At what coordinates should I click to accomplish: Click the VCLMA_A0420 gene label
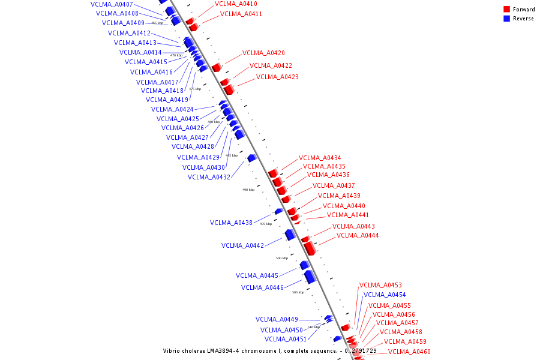(x=263, y=53)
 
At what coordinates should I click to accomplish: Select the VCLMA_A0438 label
(x=231, y=223)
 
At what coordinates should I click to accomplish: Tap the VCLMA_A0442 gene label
(x=242, y=245)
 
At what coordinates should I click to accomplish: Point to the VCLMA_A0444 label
(x=358, y=236)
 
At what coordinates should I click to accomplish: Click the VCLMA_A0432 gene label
(x=209, y=177)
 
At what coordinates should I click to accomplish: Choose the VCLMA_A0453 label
(x=380, y=285)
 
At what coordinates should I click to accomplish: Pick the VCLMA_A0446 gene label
(x=262, y=287)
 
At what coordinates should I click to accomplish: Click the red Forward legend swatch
(x=507, y=10)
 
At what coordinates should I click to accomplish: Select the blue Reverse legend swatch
(x=507, y=19)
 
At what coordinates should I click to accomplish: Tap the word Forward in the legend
(x=524, y=10)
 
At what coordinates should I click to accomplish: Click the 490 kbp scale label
(x=248, y=190)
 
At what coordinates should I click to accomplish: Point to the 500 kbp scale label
(x=282, y=258)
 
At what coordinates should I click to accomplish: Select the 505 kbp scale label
(x=298, y=292)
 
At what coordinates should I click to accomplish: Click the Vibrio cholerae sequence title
(x=269, y=351)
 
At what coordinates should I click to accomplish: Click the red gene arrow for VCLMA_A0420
(x=217, y=67)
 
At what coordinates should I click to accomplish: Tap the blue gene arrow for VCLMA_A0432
(x=252, y=158)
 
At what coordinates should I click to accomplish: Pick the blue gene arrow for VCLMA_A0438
(x=278, y=211)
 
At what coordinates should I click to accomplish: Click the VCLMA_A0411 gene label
(x=241, y=14)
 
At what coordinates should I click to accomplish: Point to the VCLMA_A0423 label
(x=277, y=77)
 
